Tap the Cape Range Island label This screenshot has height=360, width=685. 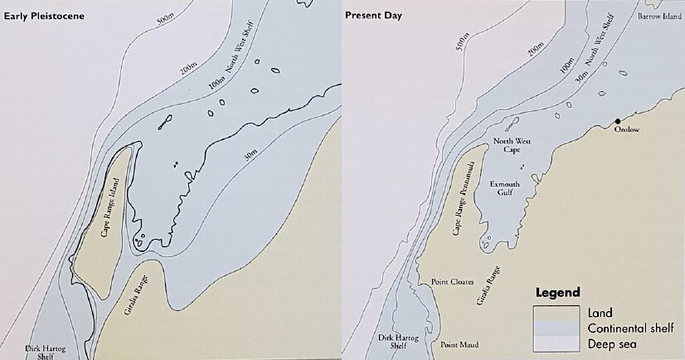pos(110,212)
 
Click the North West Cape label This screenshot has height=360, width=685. pos(512,146)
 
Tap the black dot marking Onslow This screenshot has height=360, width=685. pos(617,121)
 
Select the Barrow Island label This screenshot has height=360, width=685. pos(659,16)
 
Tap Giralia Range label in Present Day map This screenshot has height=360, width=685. pos(489,287)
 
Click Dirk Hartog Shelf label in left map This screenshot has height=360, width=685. pos(39,353)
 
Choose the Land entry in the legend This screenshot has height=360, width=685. pos(598,313)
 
